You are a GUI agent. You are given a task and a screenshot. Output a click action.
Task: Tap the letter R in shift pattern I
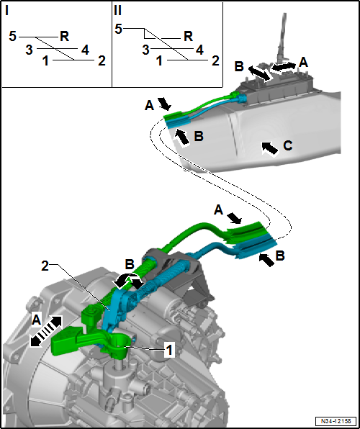pos(64,36)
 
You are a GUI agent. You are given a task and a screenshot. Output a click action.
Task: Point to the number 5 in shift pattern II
pos(120,28)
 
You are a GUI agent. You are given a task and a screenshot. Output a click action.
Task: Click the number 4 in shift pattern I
pos(86,50)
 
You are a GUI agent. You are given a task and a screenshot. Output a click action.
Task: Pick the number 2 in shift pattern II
pos(215,61)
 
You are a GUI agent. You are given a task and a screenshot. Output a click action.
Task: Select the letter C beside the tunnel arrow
pos(287,146)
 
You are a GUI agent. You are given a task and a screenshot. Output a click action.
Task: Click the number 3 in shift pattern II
pos(145,50)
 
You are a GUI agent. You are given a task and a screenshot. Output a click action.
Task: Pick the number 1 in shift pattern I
pos(45,61)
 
